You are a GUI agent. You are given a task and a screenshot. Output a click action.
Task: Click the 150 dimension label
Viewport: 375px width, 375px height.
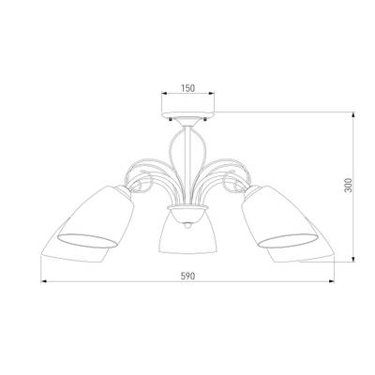coord(187,88)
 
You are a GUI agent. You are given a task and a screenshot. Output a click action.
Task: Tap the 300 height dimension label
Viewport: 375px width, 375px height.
coord(348,185)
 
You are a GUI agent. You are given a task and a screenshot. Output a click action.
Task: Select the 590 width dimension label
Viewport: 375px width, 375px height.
coord(187,276)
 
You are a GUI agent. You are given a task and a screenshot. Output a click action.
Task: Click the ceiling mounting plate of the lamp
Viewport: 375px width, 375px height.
coord(187,114)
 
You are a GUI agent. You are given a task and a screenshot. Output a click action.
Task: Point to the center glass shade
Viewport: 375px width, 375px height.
coord(187,232)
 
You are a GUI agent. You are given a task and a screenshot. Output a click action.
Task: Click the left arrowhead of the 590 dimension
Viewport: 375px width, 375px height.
coord(44,281)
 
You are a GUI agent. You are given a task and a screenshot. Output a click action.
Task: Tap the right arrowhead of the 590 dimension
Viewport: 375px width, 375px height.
coord(332,281)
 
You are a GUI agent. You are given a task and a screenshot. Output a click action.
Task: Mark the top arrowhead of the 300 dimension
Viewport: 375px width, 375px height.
coord(353,114)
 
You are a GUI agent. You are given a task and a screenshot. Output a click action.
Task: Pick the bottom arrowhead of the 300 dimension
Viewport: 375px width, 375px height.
coord(353,260)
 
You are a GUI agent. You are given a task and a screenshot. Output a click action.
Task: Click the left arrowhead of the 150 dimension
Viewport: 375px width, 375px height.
coord(164,93)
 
